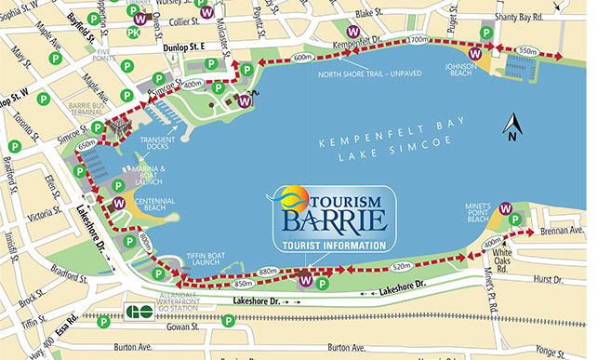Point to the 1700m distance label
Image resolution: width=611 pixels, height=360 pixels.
417,40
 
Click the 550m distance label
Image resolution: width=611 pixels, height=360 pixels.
527,49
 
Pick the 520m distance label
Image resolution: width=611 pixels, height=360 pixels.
402,266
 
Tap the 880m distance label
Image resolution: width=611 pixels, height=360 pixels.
268,272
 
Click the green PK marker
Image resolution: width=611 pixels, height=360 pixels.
134,33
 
